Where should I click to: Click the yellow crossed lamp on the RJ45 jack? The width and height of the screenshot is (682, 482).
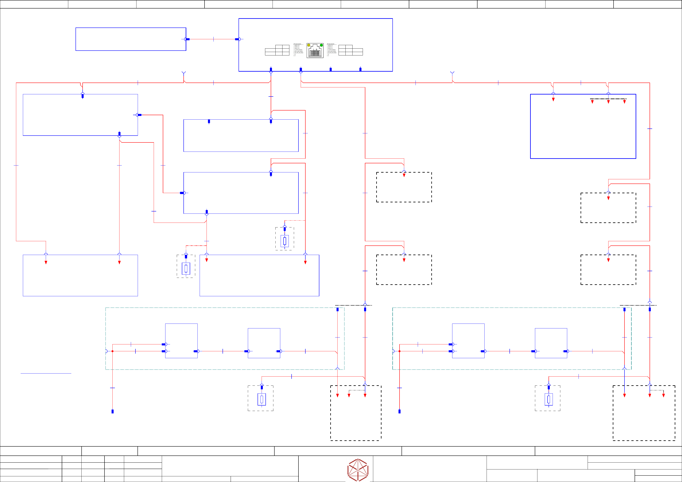click(309, 45)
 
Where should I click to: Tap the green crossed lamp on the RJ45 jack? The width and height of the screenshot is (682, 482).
click(321, 45)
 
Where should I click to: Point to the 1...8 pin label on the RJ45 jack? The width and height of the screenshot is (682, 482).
click(315, 50)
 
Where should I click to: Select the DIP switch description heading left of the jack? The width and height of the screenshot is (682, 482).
click(297, 44)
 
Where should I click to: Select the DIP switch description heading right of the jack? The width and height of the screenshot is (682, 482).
click(331, 44)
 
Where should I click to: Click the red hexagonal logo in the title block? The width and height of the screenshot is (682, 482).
click(358, 470)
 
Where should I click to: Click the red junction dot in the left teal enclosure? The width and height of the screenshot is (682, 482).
click(113, 351)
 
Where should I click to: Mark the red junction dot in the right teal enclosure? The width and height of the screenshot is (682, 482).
click(400, 351)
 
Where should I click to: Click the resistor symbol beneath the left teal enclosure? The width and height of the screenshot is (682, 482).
click(262, 399)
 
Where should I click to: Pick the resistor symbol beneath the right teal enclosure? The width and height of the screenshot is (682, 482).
click(549, 399)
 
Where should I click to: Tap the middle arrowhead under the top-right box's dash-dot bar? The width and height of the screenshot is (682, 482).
click(608, 102)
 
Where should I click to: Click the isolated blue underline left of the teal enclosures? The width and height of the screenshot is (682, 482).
click(46, 373)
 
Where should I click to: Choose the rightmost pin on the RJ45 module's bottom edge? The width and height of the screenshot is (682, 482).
click(360, 69)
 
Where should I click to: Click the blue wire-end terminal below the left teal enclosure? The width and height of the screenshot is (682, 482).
click(113, 411)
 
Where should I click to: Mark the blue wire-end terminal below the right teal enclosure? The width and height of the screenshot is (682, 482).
click(400, 411)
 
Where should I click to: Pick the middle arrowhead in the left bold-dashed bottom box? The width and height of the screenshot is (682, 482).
click(349, 395)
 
